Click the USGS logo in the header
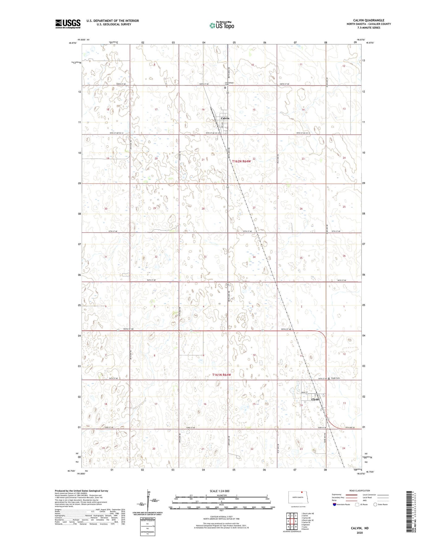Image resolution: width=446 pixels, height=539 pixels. tap(68, 24)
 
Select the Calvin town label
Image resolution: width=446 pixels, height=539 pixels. tap(225, 118)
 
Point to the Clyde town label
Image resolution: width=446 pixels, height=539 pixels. tap(315, 399)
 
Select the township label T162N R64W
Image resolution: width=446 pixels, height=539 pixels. tap(242, 161)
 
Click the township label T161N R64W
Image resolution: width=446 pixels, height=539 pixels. tap(222, 374)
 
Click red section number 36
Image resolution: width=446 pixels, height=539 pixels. tap(344, 256)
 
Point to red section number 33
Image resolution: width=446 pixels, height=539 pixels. tap(205, 257)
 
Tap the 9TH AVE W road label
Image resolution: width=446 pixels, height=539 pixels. tap(351, 427)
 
